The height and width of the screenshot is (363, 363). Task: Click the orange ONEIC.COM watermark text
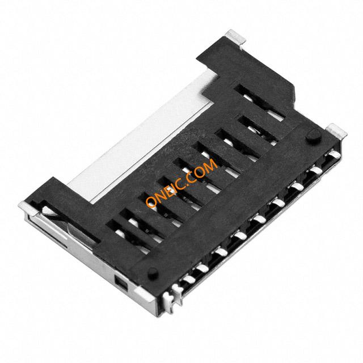pyautogui.click(x=181, y=183)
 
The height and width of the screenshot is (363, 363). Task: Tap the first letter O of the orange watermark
pyautogui.click(x=151, y=202)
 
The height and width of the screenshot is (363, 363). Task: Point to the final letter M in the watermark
pyautogui.click(x=210, y=164)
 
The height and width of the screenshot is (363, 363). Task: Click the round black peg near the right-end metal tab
pyautogui.click(x=314, y=136)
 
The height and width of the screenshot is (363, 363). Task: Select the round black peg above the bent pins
pyautogui.click(x=153, y=273)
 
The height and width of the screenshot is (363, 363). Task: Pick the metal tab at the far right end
pyautogui.click(x=336, y=130)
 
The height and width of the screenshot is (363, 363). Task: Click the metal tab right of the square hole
pyautogui.click(x=144, y=295)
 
